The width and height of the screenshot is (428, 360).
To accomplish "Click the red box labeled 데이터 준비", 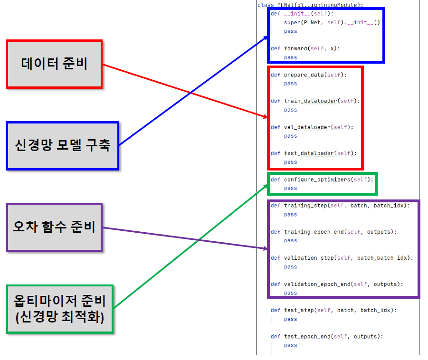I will tap(54, 64).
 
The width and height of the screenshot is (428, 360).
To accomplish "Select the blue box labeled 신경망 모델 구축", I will tap(63, 145).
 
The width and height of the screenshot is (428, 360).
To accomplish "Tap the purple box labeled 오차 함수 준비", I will tap(54, 227).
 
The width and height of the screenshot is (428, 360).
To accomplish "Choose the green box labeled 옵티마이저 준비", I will tap(60, 309).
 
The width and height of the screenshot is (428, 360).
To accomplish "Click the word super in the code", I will tap(292, 22).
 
